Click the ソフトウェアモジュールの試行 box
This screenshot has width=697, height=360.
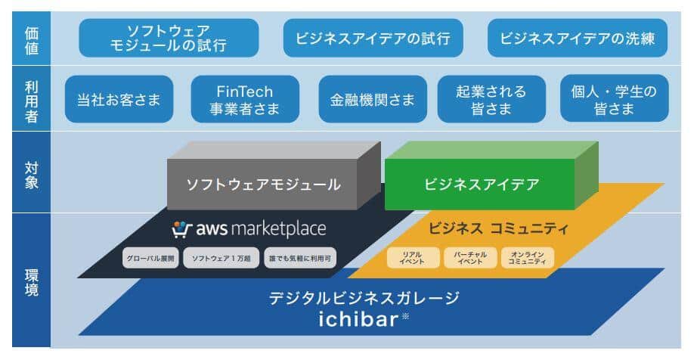169,39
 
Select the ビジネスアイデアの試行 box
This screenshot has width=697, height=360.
373,39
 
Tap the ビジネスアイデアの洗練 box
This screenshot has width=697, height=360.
577,39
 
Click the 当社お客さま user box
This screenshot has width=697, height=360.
119,99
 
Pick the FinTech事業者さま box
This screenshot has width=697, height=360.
245,99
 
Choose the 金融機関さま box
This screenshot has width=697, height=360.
373,99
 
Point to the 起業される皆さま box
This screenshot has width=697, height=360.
491,99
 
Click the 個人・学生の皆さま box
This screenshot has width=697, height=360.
615,99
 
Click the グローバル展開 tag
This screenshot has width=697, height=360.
151,259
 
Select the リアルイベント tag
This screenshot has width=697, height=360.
412,258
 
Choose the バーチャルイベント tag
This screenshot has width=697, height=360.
470,258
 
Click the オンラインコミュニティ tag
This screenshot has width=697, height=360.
527,258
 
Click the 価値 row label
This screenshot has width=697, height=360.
31,39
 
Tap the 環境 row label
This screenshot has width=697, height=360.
31,280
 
